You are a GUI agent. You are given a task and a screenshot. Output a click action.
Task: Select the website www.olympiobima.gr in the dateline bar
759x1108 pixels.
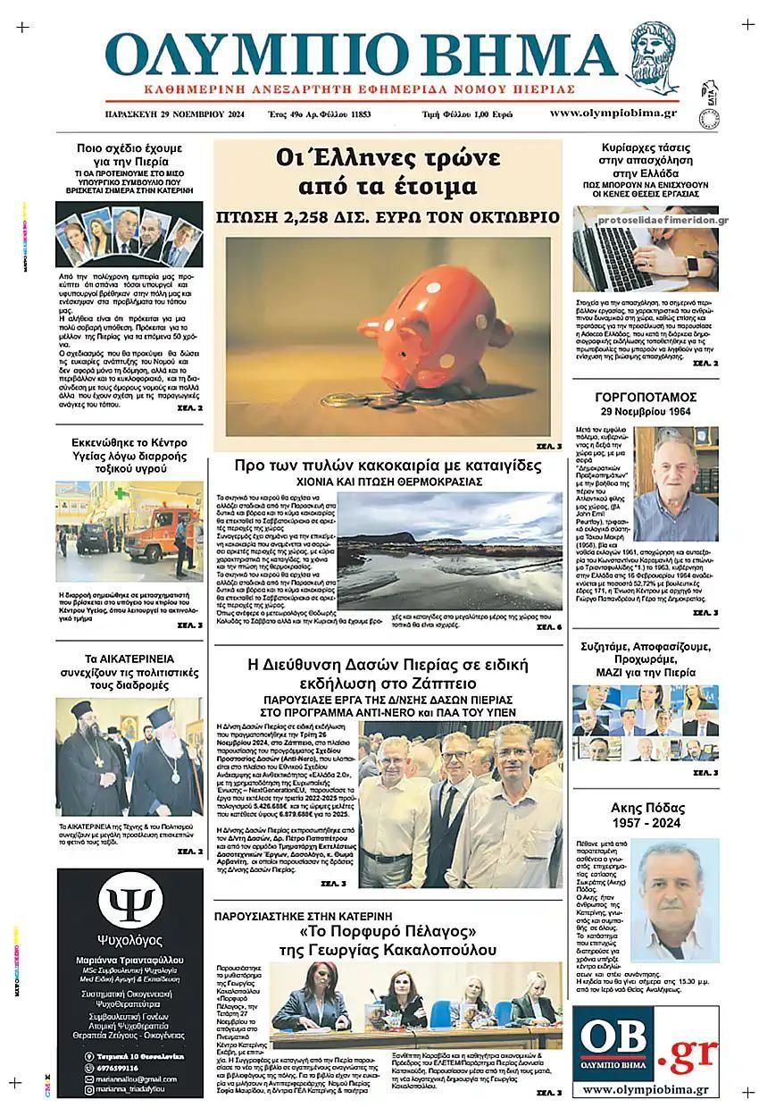click(613, 113)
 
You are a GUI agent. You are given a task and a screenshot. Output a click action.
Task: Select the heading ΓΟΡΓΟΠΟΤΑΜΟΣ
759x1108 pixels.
click(646, 397)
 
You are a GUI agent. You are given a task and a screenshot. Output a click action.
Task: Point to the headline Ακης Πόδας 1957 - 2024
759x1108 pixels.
click(646, 815)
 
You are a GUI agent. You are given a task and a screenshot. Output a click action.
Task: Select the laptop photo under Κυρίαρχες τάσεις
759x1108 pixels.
click(646, 248)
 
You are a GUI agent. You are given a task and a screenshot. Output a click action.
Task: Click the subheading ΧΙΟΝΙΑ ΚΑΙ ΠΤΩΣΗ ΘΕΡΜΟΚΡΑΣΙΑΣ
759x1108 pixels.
click(388, 482)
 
